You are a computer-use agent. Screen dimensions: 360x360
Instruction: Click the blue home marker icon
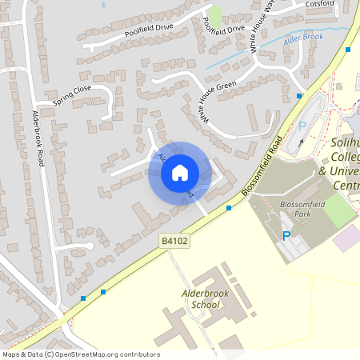(180, 172)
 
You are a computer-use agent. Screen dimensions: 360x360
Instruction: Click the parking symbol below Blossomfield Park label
(286, 236)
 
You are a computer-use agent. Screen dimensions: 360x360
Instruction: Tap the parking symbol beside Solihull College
(302, 126)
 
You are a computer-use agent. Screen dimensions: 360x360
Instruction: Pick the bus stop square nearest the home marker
(229, 208)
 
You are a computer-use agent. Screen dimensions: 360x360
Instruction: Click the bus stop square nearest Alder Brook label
(348, 50)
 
